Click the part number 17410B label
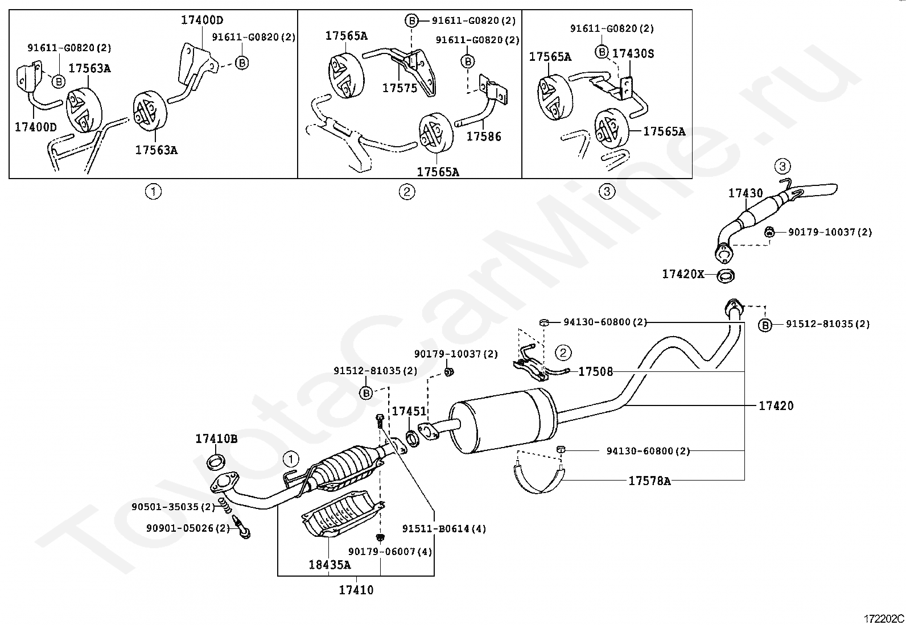216,439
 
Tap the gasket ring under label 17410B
216,462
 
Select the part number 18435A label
330,565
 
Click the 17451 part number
409,411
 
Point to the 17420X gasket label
683,274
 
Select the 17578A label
649,481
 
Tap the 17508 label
595,372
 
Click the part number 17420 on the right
776,405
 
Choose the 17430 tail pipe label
746,193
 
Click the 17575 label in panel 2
400,88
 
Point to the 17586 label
484,136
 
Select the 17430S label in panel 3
633,54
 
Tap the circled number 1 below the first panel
153,192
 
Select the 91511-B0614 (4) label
444,529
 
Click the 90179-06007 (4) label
390,552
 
